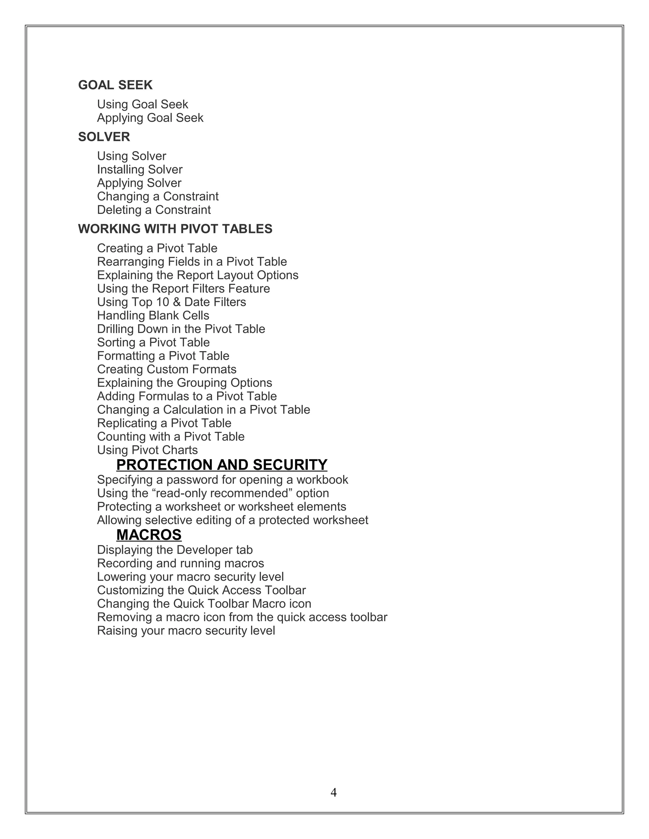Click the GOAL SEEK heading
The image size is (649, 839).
tap(115, 85)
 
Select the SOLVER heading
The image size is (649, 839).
tap(104, 137)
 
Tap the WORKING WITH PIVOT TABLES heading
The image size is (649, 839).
tap(175, 229)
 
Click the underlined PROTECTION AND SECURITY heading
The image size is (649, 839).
tap(222, 465)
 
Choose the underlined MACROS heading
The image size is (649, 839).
tap(149, 535)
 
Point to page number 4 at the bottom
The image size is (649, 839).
tap(333, 792)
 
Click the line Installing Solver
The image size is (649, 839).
tap(139, 169)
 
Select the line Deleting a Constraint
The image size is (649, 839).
tap(154, 210)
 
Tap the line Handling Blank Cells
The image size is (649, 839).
tap(153, 315)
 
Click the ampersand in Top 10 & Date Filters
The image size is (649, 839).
tap(177, 302)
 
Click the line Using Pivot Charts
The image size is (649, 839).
tap(147, 450)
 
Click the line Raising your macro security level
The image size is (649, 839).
tap(186, 631)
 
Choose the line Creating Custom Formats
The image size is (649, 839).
tap(166, 369)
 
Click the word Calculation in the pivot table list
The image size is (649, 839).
tap(193, 409)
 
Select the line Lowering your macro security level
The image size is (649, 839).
tap(190, 577)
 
